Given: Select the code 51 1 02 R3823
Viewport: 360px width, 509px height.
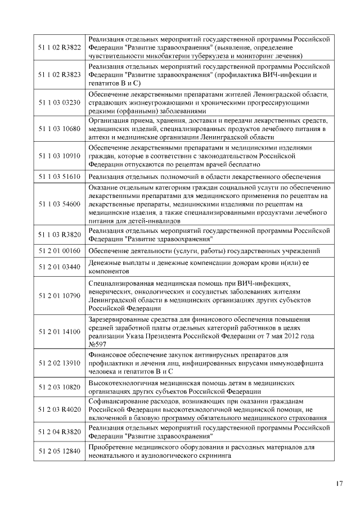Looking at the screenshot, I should pyautogui.click(x=59, y=75).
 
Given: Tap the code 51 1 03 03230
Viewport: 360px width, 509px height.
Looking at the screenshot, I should pyautogui.click(x=59, y=102).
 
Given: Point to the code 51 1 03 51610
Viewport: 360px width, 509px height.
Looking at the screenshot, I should pyautogui.click(x=59, y=177).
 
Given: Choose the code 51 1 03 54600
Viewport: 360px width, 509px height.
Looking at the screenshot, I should pyautogui.click(x=59, y=203).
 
